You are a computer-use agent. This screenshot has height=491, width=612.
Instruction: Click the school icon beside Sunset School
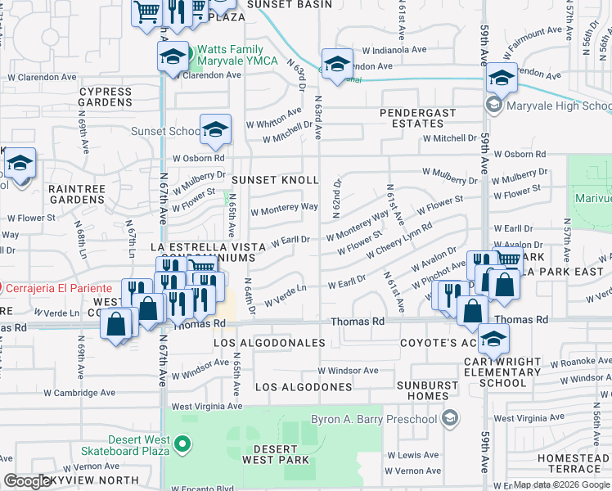click(214, 129)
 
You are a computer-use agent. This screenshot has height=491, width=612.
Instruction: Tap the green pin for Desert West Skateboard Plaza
click(182, 446)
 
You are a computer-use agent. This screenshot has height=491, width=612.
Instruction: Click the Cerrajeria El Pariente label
click(59, 288)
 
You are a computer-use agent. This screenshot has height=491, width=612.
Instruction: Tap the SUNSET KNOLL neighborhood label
click(274, 179)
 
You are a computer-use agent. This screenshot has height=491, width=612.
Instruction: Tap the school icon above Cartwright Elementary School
click(493, 338)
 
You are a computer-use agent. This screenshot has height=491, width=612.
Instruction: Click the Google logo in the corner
click(26, 481)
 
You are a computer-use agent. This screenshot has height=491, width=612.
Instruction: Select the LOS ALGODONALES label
click(269, 343)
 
